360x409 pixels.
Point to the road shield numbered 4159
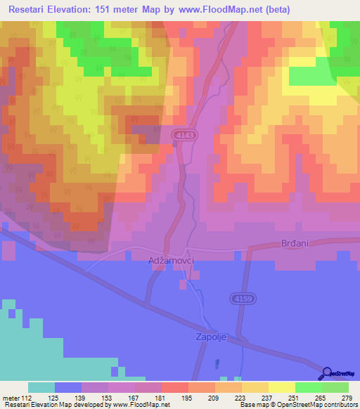(241, 299)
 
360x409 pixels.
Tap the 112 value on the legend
(27, 397)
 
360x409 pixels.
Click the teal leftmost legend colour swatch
(41, 387)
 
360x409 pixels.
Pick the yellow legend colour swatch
(281, 387)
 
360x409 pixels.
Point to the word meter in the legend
(11, 397)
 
